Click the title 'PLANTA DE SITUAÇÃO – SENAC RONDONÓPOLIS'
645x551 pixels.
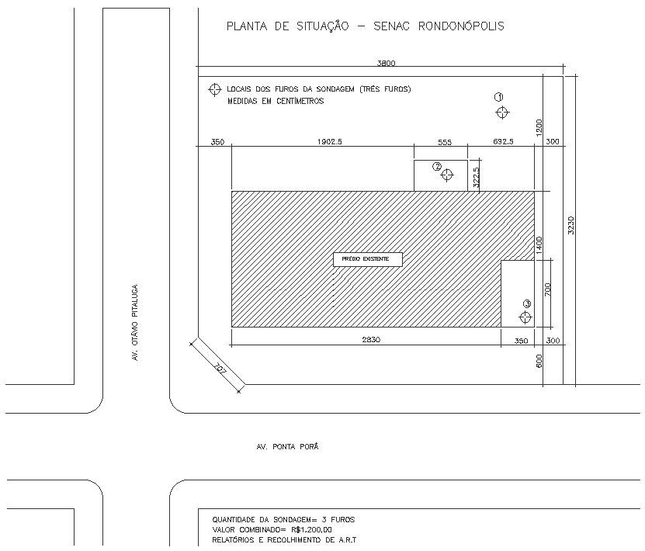click(365, 26)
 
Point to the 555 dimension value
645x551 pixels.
click(444, 142)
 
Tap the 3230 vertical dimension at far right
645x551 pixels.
click(570, 225)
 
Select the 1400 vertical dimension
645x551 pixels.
click(539, 246)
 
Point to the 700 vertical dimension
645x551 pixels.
click(547, 290)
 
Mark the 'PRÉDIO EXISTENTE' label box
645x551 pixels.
click(368, 259)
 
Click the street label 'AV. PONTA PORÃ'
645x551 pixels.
click(287, 447)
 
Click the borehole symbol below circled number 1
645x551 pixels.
click(502, 113)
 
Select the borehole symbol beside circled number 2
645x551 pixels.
click(447, 175)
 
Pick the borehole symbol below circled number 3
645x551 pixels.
click(525, 317)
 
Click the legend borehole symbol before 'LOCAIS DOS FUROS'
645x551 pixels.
click(214, 90)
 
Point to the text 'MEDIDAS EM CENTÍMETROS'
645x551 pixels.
click(276, 101)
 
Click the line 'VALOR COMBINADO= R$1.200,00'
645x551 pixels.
click(266, 529)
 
